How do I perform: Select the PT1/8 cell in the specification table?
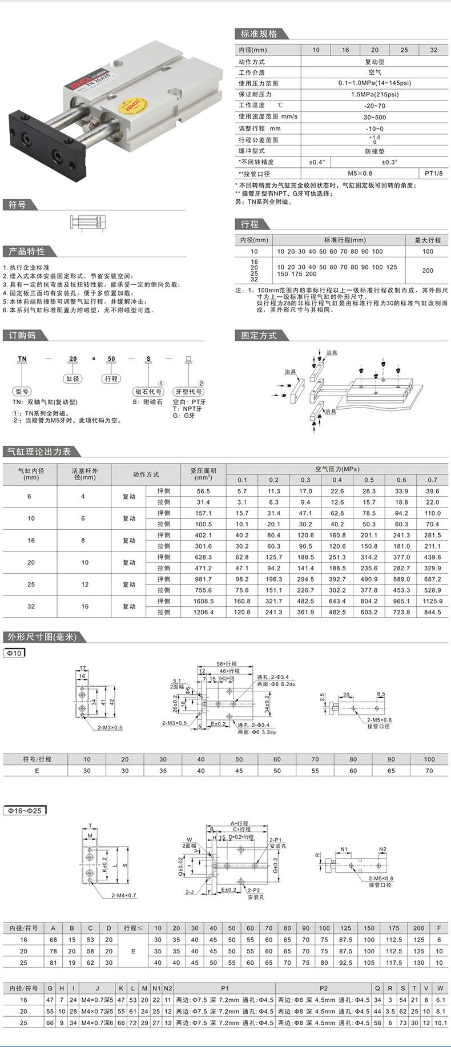tap(433, 173)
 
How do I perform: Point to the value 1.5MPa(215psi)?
tap(375, 94)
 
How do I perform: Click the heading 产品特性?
tap(26, 251)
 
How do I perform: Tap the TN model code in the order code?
tap(22, 359)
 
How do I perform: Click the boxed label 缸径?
tap(73, 378)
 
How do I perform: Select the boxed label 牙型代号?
tap(188, 392)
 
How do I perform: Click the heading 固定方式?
tap(259, 336)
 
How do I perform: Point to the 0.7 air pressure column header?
tap(432, 480)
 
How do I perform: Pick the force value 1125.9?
tap(432, 601)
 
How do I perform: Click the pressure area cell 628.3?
tap(203, 557)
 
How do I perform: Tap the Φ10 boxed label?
tap(14, 653)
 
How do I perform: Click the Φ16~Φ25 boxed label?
tap(25, 811)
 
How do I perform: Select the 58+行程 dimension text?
tap(227, 664)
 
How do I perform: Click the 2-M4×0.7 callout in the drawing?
tap(124, 895)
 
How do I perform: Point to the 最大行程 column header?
tap(428, 240)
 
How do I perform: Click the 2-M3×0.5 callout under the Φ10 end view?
tap(110, 727)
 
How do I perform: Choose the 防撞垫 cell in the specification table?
tap(375, 151)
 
